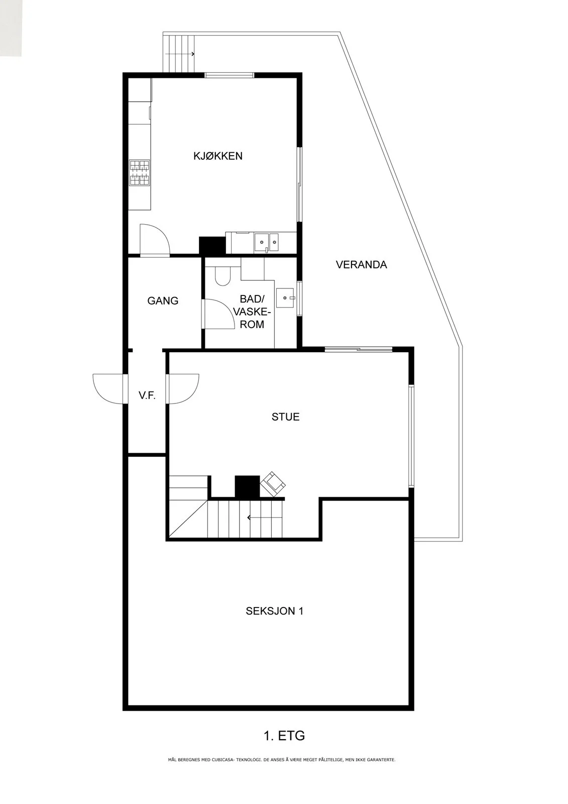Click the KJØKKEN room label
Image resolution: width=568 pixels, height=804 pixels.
point(218,156)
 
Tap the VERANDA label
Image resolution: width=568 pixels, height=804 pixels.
point(361,264)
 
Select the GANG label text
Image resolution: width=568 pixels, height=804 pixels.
point(163,300)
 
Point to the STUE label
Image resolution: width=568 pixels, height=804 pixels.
point(286,417)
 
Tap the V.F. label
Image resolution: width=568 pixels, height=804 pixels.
point(147,396)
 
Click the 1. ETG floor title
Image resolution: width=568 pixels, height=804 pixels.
point(284,736)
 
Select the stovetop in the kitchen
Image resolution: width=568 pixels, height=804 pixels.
point(140,173)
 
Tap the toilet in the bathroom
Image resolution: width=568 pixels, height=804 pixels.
point(223,276)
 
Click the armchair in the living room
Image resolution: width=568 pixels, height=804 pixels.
point(273,484)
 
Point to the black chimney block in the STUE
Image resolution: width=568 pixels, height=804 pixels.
point(247,486)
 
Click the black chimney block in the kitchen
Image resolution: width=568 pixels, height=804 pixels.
point(212,246)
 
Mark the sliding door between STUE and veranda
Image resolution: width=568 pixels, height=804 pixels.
point(358,349)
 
